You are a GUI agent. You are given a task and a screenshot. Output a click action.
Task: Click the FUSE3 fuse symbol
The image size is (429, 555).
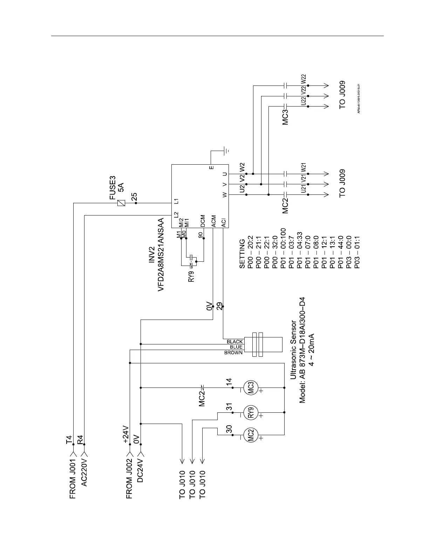[x=121, y=203]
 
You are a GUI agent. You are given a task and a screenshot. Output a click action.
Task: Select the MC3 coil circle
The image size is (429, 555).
[x=251, y=388]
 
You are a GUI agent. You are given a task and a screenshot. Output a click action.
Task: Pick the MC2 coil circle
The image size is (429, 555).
[x=251, y=435]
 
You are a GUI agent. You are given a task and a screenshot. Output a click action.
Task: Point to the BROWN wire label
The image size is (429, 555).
[x=233, y=352]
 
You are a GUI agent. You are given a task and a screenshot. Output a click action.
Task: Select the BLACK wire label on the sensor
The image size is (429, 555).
[x=234, y=342]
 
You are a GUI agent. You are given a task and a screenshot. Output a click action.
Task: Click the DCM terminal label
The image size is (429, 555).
[x=203, y=221]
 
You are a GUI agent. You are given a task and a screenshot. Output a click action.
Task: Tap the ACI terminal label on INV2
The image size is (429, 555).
[x=224, y=222]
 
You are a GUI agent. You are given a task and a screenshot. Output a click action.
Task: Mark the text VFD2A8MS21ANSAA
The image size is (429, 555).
[x=161, y=254]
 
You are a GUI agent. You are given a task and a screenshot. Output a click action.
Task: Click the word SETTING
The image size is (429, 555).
[x=242, y=254]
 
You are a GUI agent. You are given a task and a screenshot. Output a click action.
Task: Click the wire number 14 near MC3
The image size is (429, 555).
[x=230, y=382]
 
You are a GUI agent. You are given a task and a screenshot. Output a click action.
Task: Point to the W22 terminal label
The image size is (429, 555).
[x=304, y=79]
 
